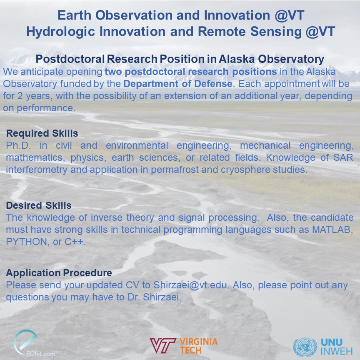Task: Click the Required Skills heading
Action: [42, 134]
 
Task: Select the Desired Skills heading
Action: [39, 205]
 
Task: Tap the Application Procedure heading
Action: [59, 273]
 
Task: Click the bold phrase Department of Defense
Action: [177, 84]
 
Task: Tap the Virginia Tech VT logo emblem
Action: [163, 345]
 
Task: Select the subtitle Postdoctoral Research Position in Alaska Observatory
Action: [180, 59]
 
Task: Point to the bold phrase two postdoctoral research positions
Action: [190, 72]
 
